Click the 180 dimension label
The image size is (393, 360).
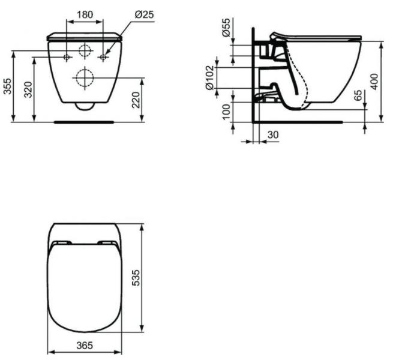(85, 14)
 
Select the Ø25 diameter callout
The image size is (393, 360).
(141, 14)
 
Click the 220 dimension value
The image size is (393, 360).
(137, 100)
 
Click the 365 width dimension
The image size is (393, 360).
(85, 347)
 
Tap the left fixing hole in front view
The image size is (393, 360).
(67, 57)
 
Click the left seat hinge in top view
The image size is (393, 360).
(62, 243)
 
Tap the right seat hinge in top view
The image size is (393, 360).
(108, 243)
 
